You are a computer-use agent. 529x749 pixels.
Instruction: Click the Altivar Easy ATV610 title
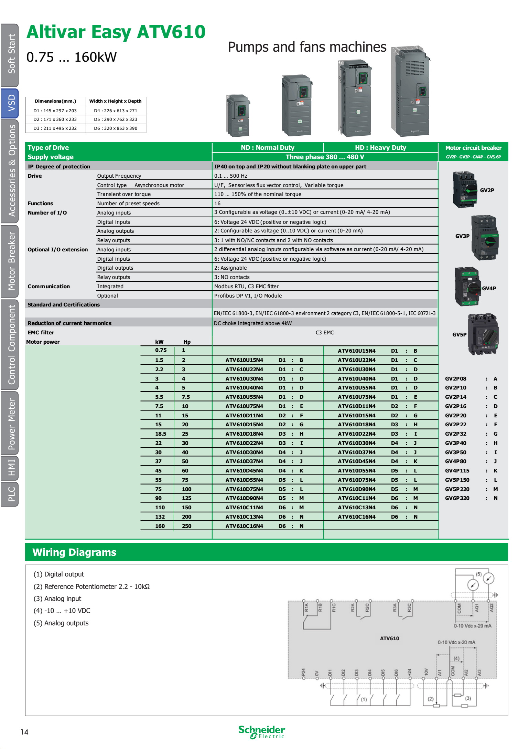click(116, 32)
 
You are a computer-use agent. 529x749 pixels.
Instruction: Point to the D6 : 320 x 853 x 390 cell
click(116, 128)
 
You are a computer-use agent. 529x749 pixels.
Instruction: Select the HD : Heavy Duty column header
click(380, 148)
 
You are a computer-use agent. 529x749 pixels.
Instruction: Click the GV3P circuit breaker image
click(485, 237)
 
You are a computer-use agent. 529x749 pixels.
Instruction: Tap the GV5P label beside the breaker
click(459, 334)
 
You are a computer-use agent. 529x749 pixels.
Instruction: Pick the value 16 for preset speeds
click(217, 204)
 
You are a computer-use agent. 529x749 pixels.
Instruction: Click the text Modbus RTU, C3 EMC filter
click(246, 287)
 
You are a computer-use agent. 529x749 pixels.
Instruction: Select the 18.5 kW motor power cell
click(160, 434)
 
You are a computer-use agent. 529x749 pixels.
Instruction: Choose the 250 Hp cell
click(186, 526)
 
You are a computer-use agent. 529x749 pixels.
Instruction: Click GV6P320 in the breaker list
click(457, 498)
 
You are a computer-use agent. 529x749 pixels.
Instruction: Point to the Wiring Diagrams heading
click(74, 552)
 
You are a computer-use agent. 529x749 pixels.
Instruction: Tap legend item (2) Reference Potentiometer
click(91, 586)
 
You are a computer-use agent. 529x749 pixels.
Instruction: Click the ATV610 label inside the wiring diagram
click(389, 638)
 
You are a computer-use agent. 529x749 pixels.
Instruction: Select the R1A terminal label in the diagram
click(306, 607)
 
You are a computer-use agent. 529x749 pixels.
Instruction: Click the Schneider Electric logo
click(261, 732)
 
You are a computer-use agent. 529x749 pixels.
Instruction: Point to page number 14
click(24, 732)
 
